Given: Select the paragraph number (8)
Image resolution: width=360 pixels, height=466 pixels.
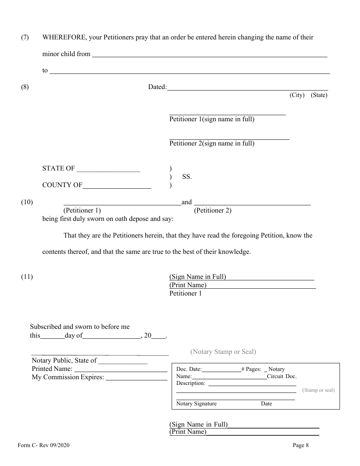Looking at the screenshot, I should (x=25, y=87).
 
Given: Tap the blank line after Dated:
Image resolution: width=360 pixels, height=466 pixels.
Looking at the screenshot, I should (x=247, y=89).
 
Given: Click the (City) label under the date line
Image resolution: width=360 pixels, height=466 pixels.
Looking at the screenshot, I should (x=297, y=95).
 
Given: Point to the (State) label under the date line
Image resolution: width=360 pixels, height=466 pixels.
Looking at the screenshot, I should (x=319, y=95).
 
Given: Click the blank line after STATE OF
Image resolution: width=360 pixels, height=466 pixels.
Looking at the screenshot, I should (x=108, y=171).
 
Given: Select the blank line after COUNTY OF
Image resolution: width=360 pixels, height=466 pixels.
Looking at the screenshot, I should (x=117, y=188).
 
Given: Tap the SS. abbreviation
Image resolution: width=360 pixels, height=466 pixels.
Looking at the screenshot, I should (x=187, y=177).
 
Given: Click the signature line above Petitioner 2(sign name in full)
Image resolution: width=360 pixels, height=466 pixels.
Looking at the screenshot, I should (x=229, y=139).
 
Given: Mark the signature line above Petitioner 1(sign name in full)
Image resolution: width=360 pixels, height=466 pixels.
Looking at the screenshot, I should (x=227, y=114).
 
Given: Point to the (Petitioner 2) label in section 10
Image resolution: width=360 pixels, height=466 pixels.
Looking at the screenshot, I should (x=213, y=211).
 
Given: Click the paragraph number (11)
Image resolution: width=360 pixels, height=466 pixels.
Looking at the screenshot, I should (x=27, y=277).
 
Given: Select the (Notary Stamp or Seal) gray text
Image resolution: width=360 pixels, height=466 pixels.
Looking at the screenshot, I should (x=223, y=352).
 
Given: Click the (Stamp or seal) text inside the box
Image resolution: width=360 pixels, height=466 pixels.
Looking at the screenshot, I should (x=318, y=390).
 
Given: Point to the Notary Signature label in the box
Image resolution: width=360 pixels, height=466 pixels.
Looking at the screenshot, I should (x=196, y=404).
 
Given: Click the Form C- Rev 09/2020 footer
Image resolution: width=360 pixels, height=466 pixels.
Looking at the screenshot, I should (x=43, y=446).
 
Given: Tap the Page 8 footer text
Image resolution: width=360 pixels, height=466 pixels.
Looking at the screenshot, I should (x=301, y=446).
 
